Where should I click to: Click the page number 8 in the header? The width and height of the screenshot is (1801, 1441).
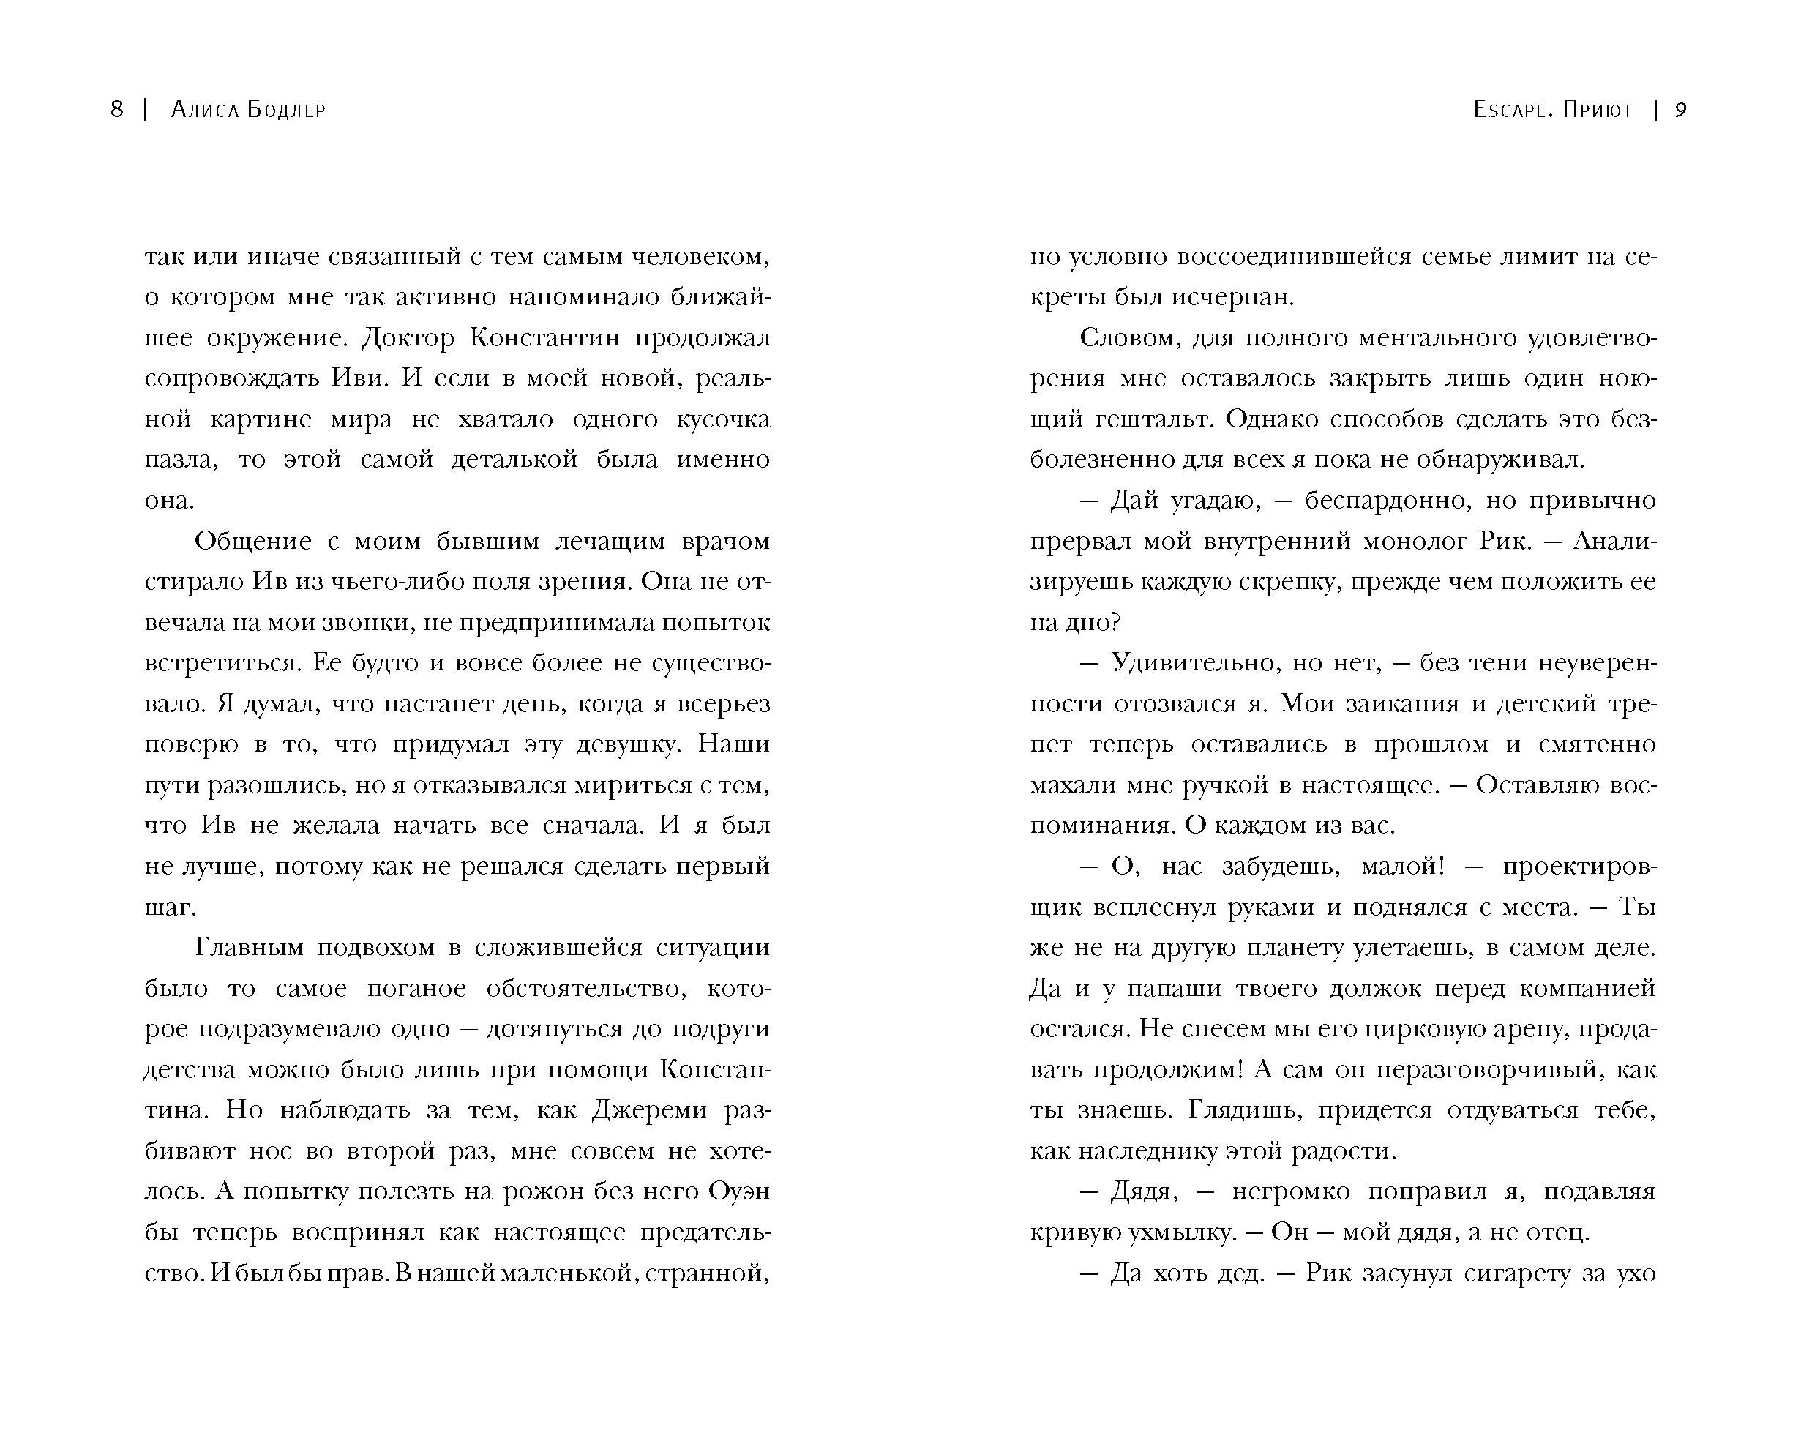pyautogui.click(x=117, y=111)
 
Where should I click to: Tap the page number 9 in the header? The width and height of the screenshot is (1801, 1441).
pyautogui.click(x=1681, y=111)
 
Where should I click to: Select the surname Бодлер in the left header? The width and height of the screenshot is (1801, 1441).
pyautogui.click(x=285, y=111)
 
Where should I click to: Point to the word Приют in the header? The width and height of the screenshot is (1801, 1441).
pyautogui.click(x=1597, y=111)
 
